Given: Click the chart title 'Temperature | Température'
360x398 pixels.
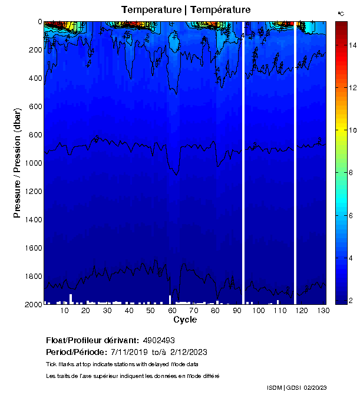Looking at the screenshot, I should click(x=186, y=10).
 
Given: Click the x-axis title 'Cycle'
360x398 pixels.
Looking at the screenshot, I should click(x=185, y=320).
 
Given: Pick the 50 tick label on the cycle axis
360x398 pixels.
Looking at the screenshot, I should click(x=150, y=311).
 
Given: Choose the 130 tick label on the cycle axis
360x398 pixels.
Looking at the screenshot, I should click(x=322, y=311).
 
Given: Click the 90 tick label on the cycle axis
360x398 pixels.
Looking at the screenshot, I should click(x=236, y=311).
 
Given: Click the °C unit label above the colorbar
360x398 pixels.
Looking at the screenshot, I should click(x=341, y=13).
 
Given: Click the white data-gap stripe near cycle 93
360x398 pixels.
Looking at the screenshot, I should click(x=243, y=162).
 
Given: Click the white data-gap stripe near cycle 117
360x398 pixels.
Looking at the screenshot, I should click(x=295, y=162).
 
